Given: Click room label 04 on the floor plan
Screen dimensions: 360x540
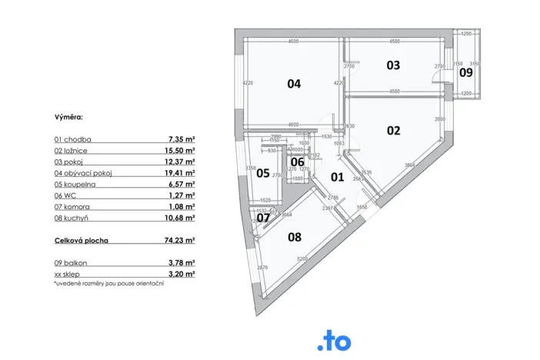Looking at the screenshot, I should [x=293, y=84].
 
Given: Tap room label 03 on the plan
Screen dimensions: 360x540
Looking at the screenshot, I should [x=393, y=65].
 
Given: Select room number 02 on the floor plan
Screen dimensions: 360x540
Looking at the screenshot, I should [x=393, y=130].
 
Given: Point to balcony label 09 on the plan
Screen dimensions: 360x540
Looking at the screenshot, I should [x=466, y=72].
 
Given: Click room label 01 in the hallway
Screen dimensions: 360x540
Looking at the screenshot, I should [x=336, y=178].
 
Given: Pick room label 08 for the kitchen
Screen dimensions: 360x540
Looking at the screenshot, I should [x=295, y=237].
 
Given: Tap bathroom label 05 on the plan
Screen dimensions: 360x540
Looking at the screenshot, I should [x=262, y=173].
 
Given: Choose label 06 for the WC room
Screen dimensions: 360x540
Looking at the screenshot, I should [x=297, y=162].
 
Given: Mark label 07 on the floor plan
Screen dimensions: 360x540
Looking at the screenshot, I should [x=263, y=218].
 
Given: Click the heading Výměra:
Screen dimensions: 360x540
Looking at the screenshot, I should [x=68, y=118].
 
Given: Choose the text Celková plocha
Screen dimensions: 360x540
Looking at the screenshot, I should [x=82, y=240].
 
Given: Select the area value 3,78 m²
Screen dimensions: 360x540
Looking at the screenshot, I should [x=182, y=262].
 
